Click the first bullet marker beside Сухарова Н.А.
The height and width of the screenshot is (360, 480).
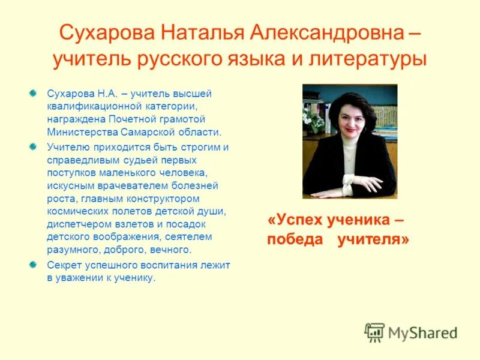pyautogui.click(x=34, y=93)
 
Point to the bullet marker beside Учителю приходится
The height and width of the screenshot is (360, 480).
pyautogui.click(x=34, y=146)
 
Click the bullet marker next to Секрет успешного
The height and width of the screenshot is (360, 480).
pyautogui.click(x=34, y=264)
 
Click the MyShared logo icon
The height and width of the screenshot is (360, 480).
pyautogui.click(x=374, y=332)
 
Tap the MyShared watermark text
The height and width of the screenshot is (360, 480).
pyautogui.click(x=422, y=332)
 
